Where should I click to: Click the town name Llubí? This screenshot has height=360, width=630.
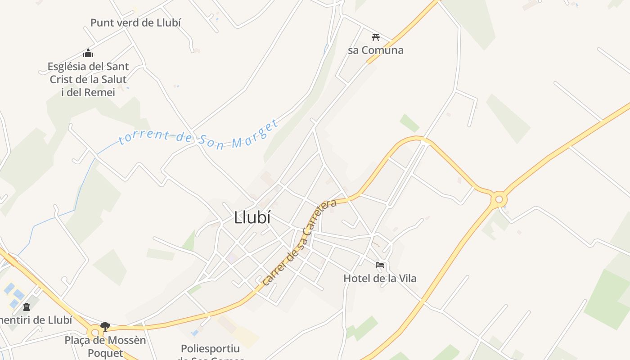click(x=252, y=218)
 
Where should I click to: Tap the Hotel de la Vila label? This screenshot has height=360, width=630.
click(x=380, y=279)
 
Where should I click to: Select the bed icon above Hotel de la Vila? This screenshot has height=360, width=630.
click(x=380, y=265)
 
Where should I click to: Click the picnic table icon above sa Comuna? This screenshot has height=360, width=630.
click(x=376, y=37)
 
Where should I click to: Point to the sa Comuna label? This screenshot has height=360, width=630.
click(x=376, y=50)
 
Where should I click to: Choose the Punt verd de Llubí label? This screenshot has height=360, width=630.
click(x=135, y=22)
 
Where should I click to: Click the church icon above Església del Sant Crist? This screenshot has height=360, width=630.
click(x=88, y=53)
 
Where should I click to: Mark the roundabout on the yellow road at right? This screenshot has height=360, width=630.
click(x=499, y=199)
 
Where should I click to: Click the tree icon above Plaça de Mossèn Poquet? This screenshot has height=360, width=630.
click(x=105, y=326)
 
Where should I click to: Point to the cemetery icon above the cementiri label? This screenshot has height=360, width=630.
click(x=27, y=307)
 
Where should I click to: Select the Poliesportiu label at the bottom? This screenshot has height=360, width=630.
click(x=210, y=349)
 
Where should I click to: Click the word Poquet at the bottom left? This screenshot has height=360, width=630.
click(x=105, y=353)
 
